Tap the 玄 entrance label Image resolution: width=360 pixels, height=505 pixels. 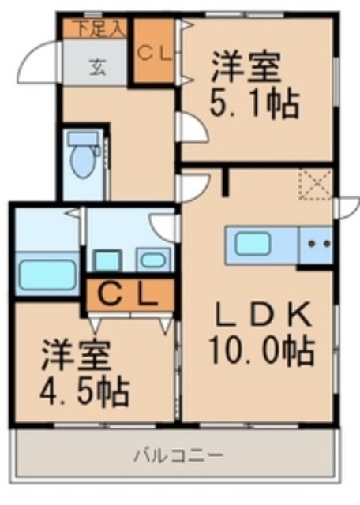point(98,68)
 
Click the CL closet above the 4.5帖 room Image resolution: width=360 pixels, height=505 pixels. point(129,295)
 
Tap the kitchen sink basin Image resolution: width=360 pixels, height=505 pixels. point(253,244)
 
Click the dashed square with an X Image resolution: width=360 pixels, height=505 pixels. point(316,184)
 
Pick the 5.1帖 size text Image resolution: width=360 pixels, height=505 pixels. point(255,105)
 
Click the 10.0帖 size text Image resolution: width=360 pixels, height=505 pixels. point(261,350)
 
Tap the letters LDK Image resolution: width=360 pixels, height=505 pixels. point(262,314)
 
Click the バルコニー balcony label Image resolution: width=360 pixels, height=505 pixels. point(178,455)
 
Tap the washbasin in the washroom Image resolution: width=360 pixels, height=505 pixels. point(153,260)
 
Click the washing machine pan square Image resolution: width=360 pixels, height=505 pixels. point(107,260)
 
